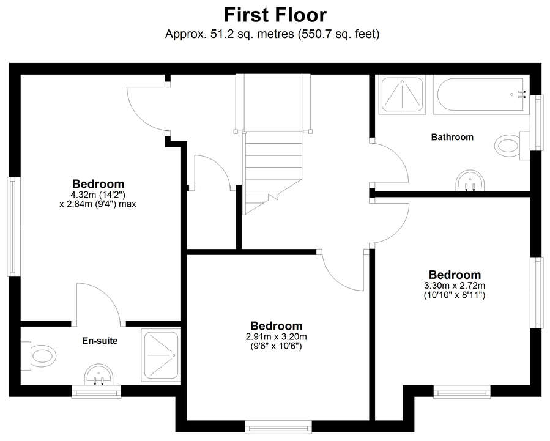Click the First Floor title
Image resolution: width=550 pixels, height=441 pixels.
click(x=275, y=15)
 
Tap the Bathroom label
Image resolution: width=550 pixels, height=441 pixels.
click(x=452, y=137)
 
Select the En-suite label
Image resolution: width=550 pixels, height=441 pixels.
click(x=100, y=341)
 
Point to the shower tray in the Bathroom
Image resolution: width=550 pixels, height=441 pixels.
click(x=402, y=95)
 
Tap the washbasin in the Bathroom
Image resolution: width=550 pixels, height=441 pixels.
click(x=470, y=181)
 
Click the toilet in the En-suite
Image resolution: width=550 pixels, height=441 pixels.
click(x=39, y=356)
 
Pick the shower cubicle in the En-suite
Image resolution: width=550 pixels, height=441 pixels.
click(x=161, y=355)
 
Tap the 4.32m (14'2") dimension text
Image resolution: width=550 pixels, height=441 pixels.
click(x=98, y=195)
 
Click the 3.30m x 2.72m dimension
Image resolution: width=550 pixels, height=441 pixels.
click(x=455, y=286)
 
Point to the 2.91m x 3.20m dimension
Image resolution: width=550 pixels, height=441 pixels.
click(x=277, y=337)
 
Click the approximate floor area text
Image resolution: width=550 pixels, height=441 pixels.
click(x=272, y=34)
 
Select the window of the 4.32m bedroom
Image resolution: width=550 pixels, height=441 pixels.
click(x=13, y=226)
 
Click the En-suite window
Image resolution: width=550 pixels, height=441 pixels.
click(x=97, y=392)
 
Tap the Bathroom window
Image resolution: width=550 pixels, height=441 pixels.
click(x=536, y=123)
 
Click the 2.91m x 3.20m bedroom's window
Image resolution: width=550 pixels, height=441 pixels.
click(x=278, y=427)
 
